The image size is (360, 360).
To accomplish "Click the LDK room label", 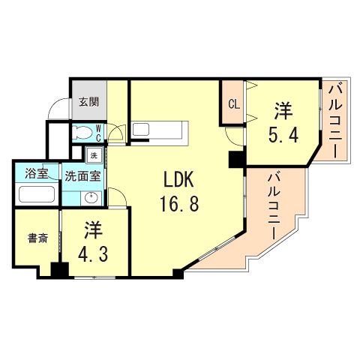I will (x=179, y=180).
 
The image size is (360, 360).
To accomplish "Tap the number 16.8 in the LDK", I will (x=178, y=203).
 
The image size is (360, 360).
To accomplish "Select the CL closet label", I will (x=233, y=104).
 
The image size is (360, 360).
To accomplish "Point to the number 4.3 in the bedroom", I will (x=94, y=251).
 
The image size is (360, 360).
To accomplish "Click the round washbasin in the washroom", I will (x=91, y=198).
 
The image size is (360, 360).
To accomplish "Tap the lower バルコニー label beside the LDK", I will (x=274, y=204).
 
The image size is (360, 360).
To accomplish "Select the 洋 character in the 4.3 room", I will (x=93, y=228).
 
